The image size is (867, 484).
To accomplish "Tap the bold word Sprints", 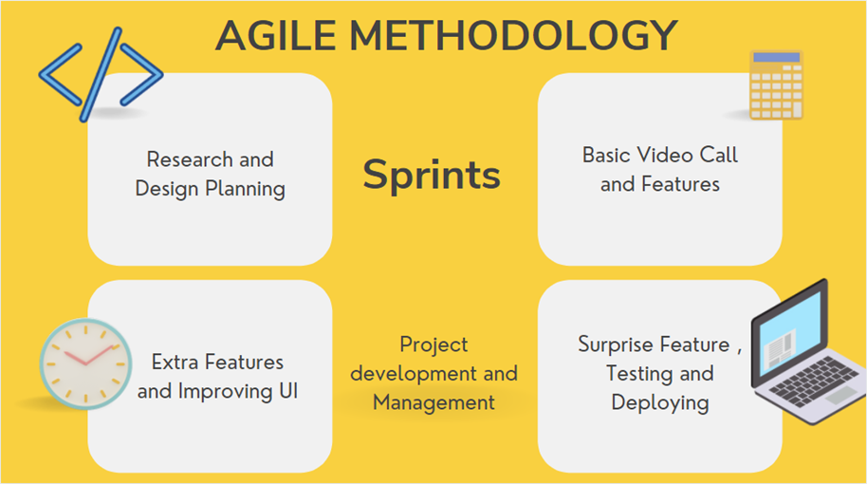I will pyautogui.click(x=432, y=175).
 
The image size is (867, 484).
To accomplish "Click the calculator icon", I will pyautogui.click(x=776, y=85).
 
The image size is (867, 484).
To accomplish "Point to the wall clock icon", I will pyautogui.click(x=83, y=364).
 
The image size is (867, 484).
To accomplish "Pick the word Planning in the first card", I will pyautogui.click(x=248, y=189).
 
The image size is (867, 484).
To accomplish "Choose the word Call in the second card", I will pyautogui.click(x=719, y=155).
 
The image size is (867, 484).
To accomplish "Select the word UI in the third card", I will pyautogui.click(x=286, y=391).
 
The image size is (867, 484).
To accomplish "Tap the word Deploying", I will pyautogui.click(x=659, y=402).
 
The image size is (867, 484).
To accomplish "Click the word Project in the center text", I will pyautogui.click(x=433, y=344).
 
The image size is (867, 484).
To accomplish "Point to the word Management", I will pyautogui.click(x=433, y=402).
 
